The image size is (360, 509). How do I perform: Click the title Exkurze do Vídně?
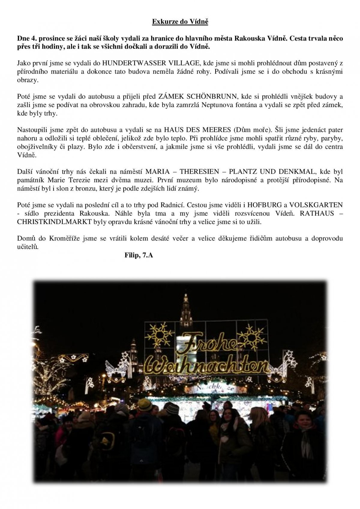180,22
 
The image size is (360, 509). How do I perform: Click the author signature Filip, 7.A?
139,256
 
